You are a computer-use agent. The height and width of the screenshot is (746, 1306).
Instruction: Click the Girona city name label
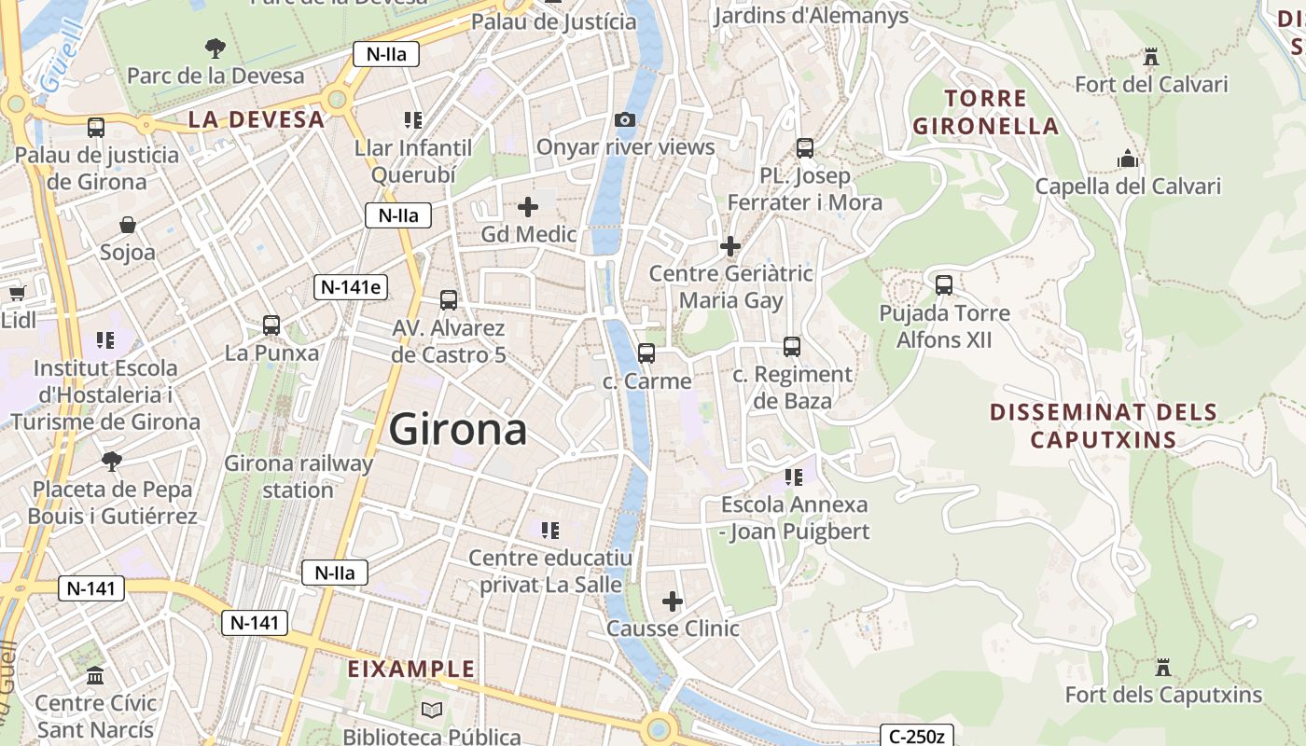tap(458, 430)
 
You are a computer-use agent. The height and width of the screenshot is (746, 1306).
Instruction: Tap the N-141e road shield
tap(350, 287)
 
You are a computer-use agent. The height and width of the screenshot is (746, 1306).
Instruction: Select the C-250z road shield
tap(916, 737)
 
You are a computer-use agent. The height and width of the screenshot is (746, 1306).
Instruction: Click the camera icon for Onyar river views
tap(625, 119)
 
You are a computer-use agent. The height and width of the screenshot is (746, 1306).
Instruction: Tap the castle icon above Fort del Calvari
tap(1150, 57)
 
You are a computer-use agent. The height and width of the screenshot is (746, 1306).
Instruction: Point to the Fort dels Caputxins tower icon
tap(1162, 668)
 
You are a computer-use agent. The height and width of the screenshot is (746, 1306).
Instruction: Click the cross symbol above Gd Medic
tap(528, 206)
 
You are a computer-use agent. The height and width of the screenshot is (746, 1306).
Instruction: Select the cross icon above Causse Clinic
tap(672, 601)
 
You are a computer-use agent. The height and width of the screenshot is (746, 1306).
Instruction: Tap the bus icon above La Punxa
tap(271, 325)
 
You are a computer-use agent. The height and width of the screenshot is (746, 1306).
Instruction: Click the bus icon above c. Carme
tap(646, 353)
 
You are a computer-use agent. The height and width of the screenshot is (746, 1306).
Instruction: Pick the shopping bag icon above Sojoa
tap(128, 225)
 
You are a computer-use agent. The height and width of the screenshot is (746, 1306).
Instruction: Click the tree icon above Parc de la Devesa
tap(215, 48)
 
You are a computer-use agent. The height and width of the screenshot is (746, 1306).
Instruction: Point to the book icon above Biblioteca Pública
tap(431, 710)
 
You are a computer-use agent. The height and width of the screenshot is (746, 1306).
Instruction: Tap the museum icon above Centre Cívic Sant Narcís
tap(95, 675)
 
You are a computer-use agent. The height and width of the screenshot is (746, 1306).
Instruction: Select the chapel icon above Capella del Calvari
tap(1128, 159)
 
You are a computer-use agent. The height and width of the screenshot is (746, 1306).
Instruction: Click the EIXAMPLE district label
tap(411, 670)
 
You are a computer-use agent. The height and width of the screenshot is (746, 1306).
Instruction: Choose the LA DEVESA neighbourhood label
tap(257, 119)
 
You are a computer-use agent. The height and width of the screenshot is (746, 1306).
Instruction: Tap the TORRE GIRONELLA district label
tap(985, 112)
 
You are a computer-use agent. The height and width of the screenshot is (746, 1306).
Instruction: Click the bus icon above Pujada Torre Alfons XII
tap(944, 285)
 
